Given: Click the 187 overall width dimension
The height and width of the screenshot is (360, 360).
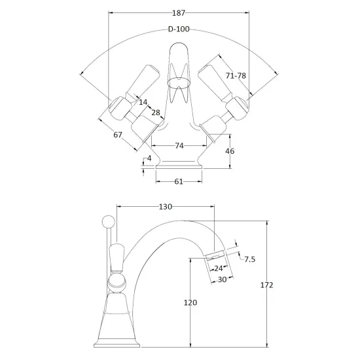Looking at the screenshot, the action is pos(179,13).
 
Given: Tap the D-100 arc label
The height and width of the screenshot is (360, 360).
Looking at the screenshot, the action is pos(179,29).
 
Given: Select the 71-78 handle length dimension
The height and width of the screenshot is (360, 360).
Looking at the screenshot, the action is pos(236,75).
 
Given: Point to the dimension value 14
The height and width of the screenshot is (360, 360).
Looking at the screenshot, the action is pos(143,102).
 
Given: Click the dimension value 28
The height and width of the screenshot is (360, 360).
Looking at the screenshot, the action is pos(156,113).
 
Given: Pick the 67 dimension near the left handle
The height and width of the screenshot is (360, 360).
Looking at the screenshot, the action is pos(118,135).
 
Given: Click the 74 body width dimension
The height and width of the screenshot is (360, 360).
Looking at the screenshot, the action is pos(179,145).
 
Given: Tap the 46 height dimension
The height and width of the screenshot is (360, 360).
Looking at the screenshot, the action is pos(230,151).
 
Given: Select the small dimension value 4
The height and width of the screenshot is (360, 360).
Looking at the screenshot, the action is pos(149,158).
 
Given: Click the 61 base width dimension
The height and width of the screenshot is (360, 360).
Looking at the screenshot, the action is pos(179,181).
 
